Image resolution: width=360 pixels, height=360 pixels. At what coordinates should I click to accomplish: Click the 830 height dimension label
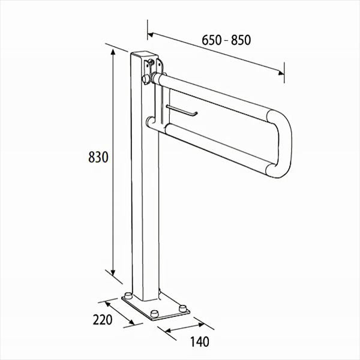(x=98, y=157)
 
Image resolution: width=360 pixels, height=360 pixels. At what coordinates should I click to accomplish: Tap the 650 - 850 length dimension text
(x=226, y=40)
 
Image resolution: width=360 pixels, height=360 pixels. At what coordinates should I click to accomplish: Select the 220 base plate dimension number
(x=103, y=320)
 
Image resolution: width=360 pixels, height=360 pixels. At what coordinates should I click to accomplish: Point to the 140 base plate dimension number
(x=200, y=341)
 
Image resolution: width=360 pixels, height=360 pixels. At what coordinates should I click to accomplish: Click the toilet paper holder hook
(x=182, y=110)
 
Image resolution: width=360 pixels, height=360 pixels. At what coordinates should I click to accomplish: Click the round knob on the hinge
(x=146, y=79)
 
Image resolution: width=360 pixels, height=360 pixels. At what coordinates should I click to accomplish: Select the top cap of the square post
(x=145, y=55)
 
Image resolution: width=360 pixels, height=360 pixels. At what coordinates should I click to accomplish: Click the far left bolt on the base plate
(x=128, y=295)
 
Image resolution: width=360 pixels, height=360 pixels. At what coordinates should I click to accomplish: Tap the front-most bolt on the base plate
(x=154, y=314)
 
